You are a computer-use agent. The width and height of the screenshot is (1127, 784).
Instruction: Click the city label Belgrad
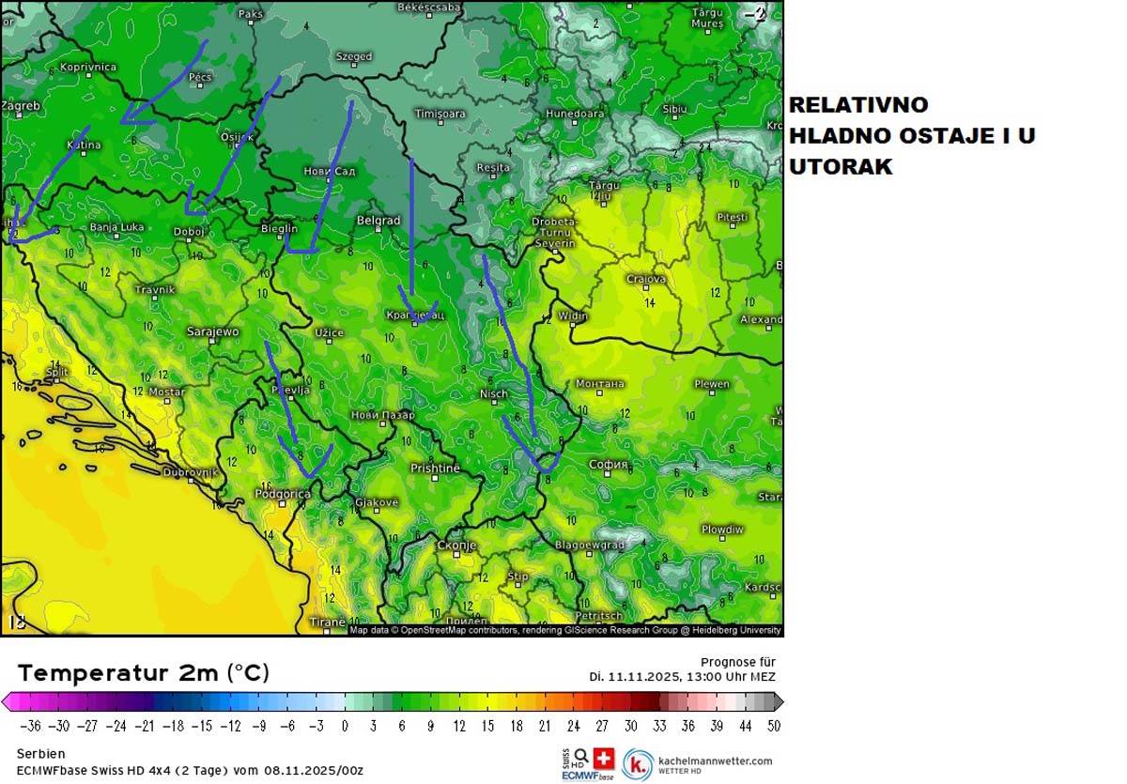(x=378, y=221)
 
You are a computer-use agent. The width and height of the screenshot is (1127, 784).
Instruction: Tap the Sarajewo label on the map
(x=213, y=331)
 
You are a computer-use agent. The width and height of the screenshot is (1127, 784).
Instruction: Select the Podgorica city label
(x=283, y=494)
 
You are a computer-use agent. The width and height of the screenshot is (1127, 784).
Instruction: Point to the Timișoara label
(x=440, y=114)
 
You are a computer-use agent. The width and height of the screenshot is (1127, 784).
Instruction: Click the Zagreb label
(x=21, y=106)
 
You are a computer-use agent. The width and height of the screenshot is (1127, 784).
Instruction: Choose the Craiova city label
(x=646, y=279)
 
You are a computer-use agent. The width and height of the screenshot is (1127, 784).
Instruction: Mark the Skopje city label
(x=457, y=546)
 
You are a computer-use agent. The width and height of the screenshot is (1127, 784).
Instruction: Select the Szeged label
(x=354, y=56)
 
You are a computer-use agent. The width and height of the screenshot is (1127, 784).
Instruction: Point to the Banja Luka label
(x=116, y=227)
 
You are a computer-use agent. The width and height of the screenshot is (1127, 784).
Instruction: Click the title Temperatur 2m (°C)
(x=144, y=673)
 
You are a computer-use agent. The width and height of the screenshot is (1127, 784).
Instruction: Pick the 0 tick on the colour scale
(x=345, y=726)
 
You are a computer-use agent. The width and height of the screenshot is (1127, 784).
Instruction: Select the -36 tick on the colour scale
(x=31, y=726)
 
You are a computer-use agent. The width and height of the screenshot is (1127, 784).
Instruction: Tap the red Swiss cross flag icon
(x=604, y=757)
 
